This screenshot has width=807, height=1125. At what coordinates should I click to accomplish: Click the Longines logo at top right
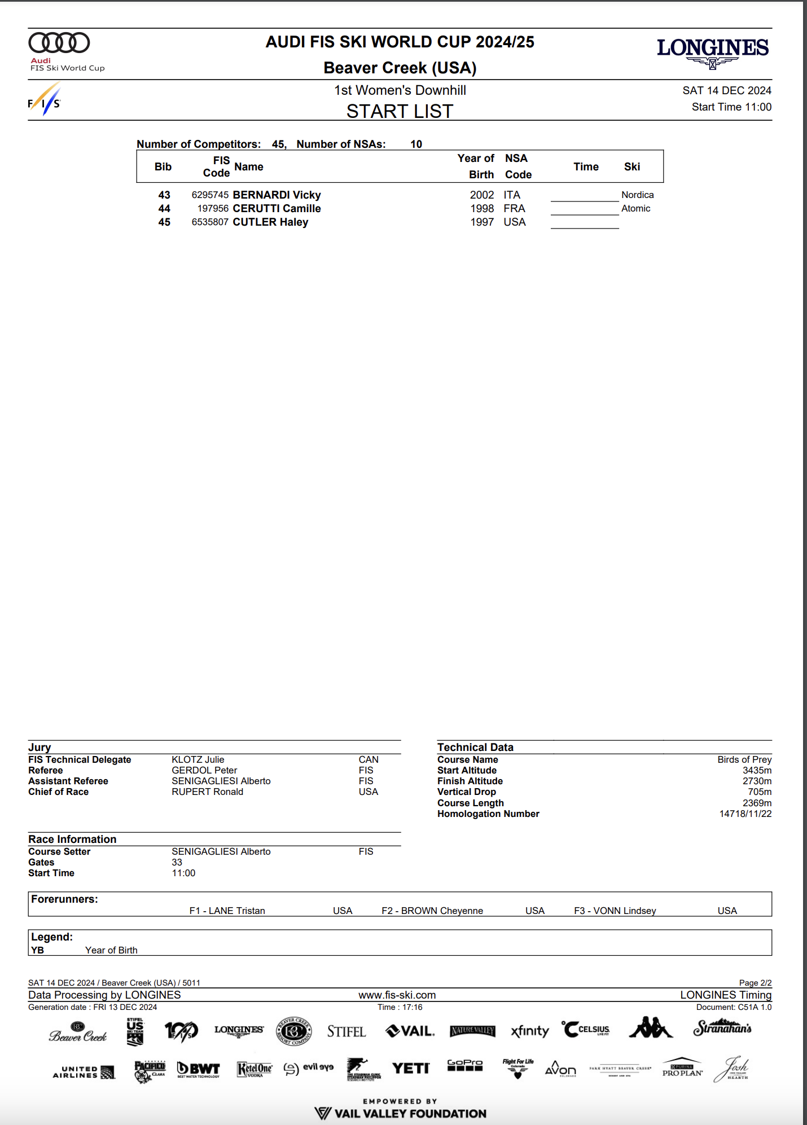[712, 51]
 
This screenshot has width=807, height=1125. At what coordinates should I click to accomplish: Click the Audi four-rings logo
[59, 43]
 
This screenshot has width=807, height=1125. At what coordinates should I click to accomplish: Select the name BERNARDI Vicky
[277, 195]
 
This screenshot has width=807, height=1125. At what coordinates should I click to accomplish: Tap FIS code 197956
[213, 209]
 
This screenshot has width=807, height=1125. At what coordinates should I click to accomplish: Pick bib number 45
[164, 222]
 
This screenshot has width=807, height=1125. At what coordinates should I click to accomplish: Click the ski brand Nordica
[637, 195]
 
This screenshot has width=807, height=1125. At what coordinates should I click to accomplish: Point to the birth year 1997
[482, 222]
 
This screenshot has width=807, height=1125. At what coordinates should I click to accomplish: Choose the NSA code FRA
[514, 209]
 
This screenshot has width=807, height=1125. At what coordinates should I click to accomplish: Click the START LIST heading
[400, 112]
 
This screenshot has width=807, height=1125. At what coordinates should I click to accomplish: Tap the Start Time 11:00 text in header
[731, 107]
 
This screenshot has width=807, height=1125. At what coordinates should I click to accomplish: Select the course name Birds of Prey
[744, 760]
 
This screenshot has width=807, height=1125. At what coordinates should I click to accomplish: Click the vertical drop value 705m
[760, 792]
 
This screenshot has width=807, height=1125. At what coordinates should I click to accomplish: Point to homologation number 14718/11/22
[745, 814]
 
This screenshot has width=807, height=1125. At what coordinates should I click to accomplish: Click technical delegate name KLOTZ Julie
[198, 760]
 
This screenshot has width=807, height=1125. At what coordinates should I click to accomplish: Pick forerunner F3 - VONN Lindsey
[615, 911]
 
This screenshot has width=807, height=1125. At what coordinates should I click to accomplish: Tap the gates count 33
[177, 862]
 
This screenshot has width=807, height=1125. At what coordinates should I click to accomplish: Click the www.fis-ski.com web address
[397, 995]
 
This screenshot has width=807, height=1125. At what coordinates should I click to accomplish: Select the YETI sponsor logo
[411, 1068]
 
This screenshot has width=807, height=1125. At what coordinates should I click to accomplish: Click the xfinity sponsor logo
[529, 1031]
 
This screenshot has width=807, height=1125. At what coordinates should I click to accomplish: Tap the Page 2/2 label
[755, 983]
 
